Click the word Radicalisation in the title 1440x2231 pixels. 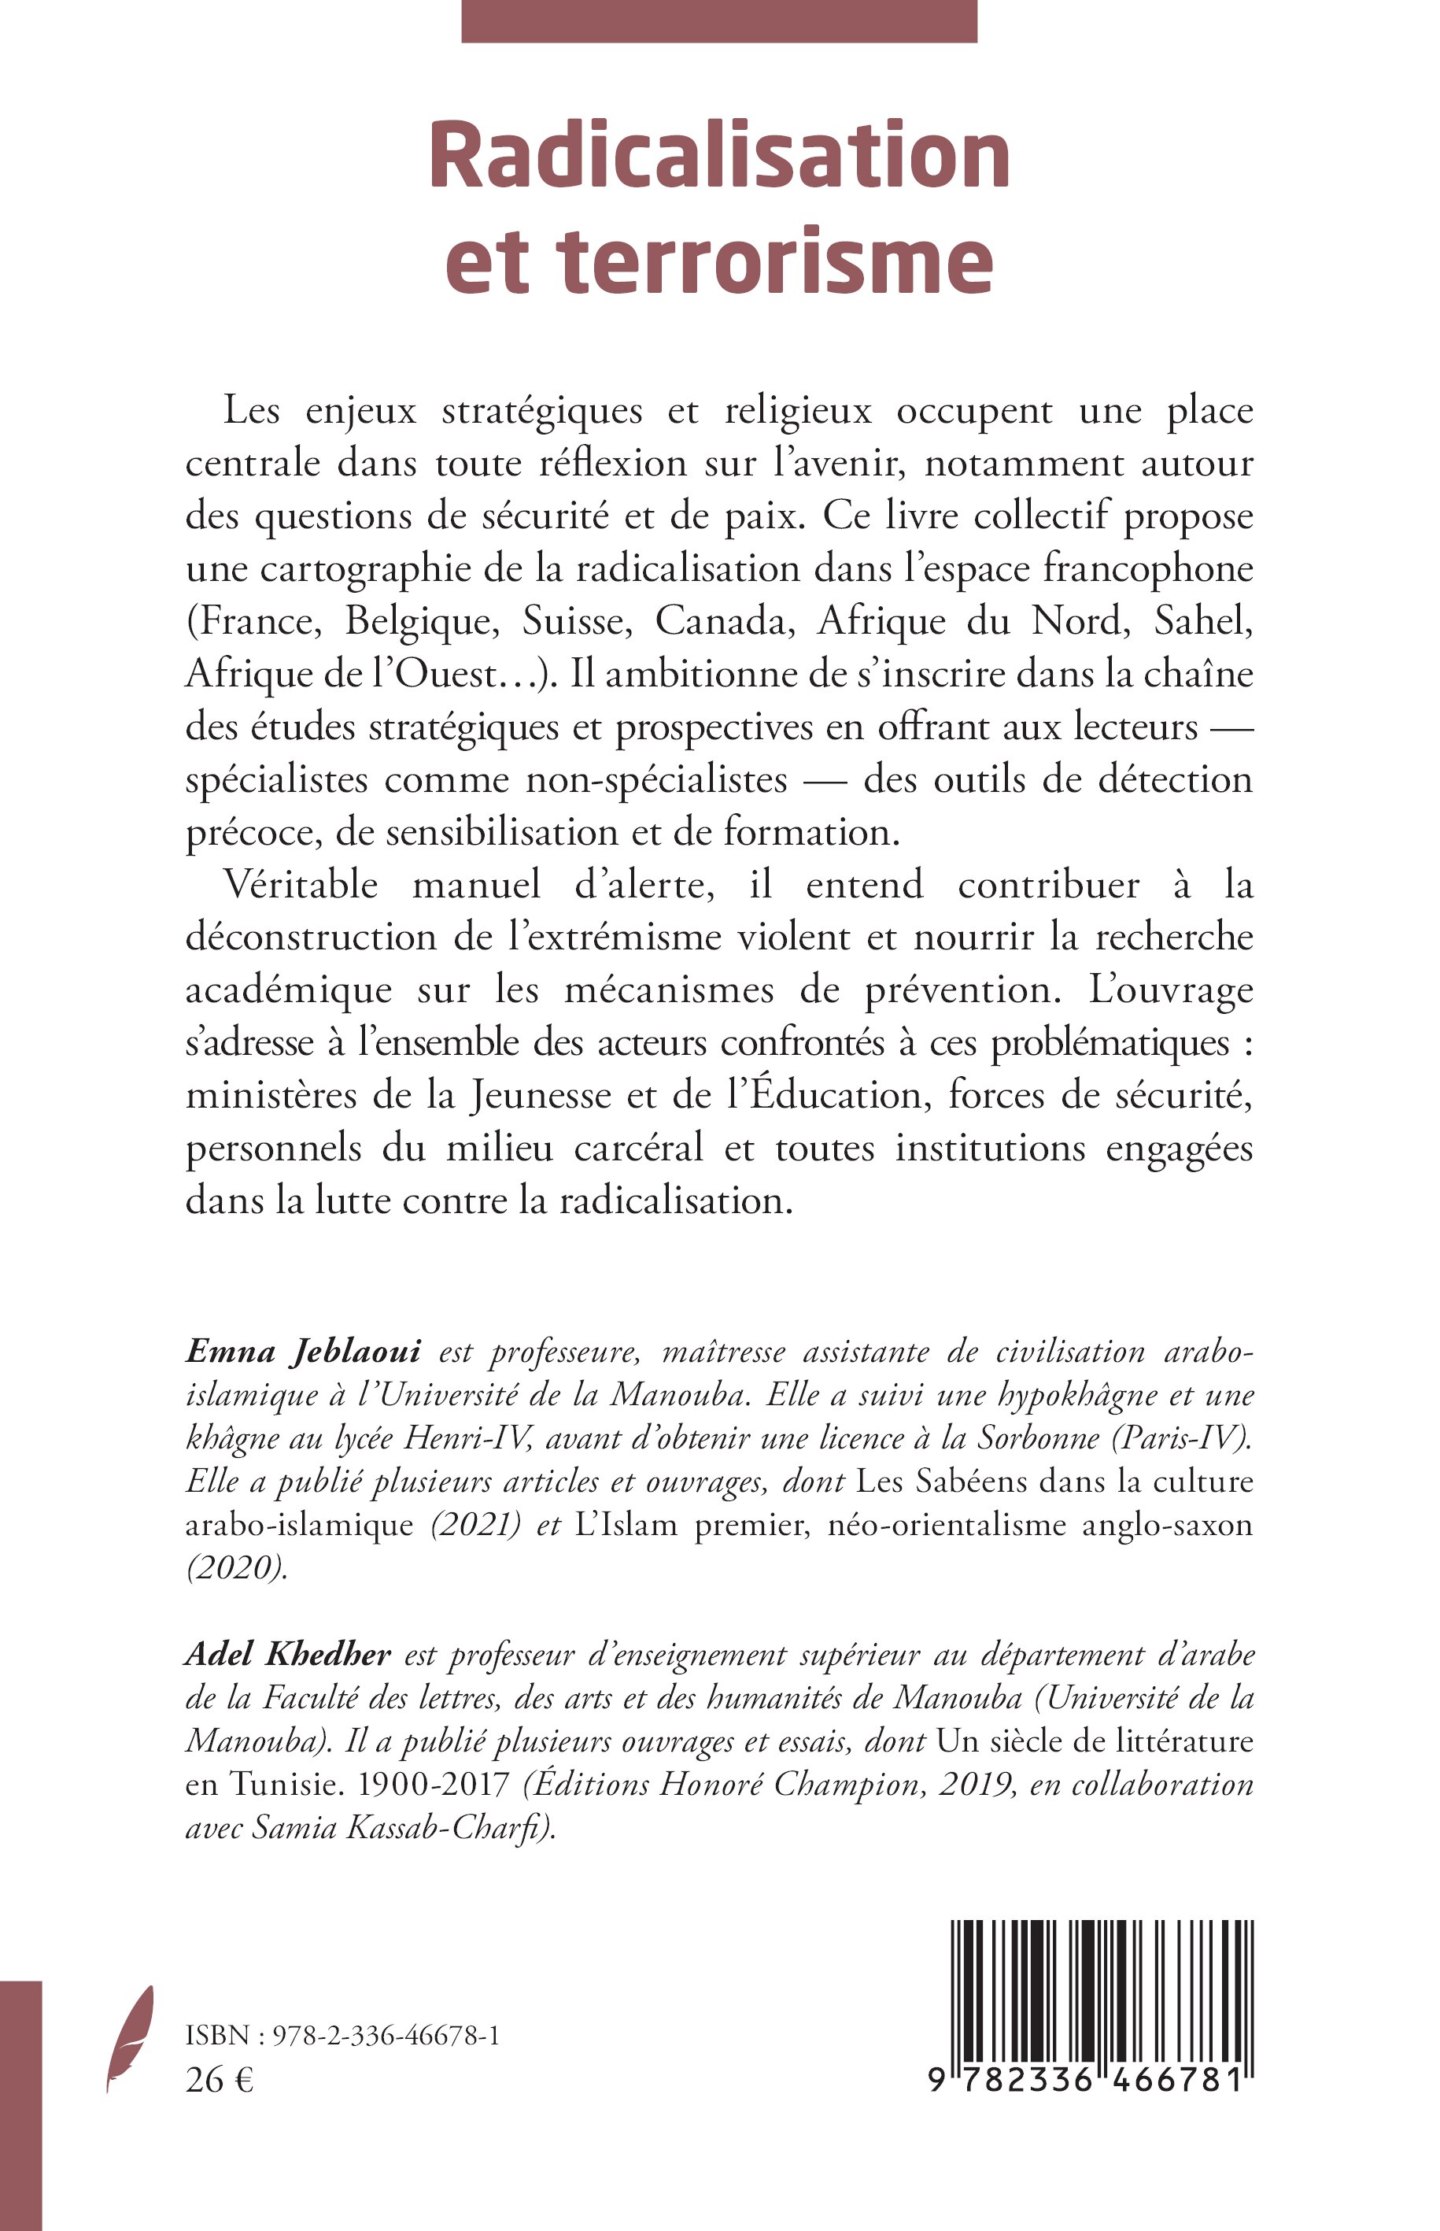[x=719, y=155]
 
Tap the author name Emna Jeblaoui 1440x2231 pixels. [x=304, y=1351]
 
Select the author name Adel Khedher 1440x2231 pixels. [x=288, y=1655]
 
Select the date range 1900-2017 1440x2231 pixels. [x=435, y=1784]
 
